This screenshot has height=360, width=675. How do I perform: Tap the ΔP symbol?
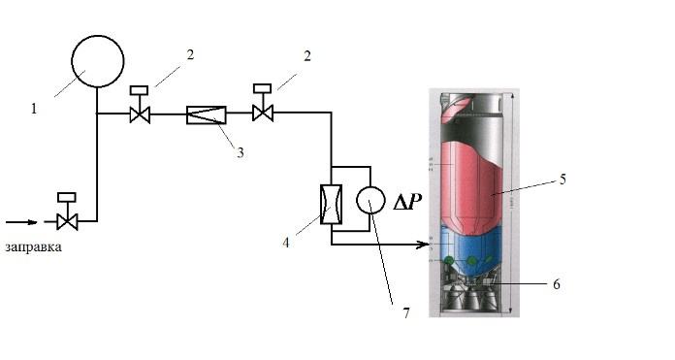[x=406, y=202]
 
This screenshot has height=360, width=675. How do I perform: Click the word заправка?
[x=34, y=247]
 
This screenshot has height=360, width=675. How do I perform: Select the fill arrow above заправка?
[x=21, y=222]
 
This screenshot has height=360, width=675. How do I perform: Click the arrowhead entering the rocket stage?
[x=425, y=245]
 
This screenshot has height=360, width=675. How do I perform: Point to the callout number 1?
[x=34, y=109]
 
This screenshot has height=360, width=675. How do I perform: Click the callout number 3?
[x=241, y=152]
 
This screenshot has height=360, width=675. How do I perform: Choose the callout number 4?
[x=285, y=243]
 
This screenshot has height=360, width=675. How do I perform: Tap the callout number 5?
[x=562, y=180]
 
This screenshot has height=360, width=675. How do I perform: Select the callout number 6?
[x=556, y=284]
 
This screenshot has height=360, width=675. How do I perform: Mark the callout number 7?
[x=406, y=313]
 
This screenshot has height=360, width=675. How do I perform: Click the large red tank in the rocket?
[x=471, y=185]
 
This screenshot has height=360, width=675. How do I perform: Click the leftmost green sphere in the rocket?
[x=449, y=260]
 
